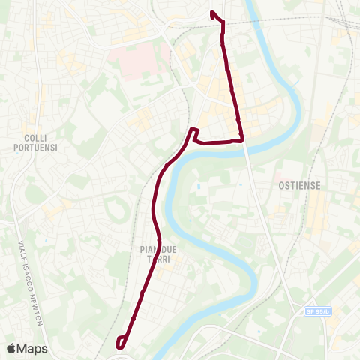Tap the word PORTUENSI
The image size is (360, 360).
click(35, 148)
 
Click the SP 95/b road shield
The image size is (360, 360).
click(316, 311)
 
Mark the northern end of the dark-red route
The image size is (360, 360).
click(212, 12)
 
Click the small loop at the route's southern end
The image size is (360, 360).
click(121, 341)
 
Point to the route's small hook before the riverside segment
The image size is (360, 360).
click(193, 133)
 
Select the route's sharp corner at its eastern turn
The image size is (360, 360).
click(242, 139)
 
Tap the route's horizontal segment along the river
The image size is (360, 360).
click(217, 141)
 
